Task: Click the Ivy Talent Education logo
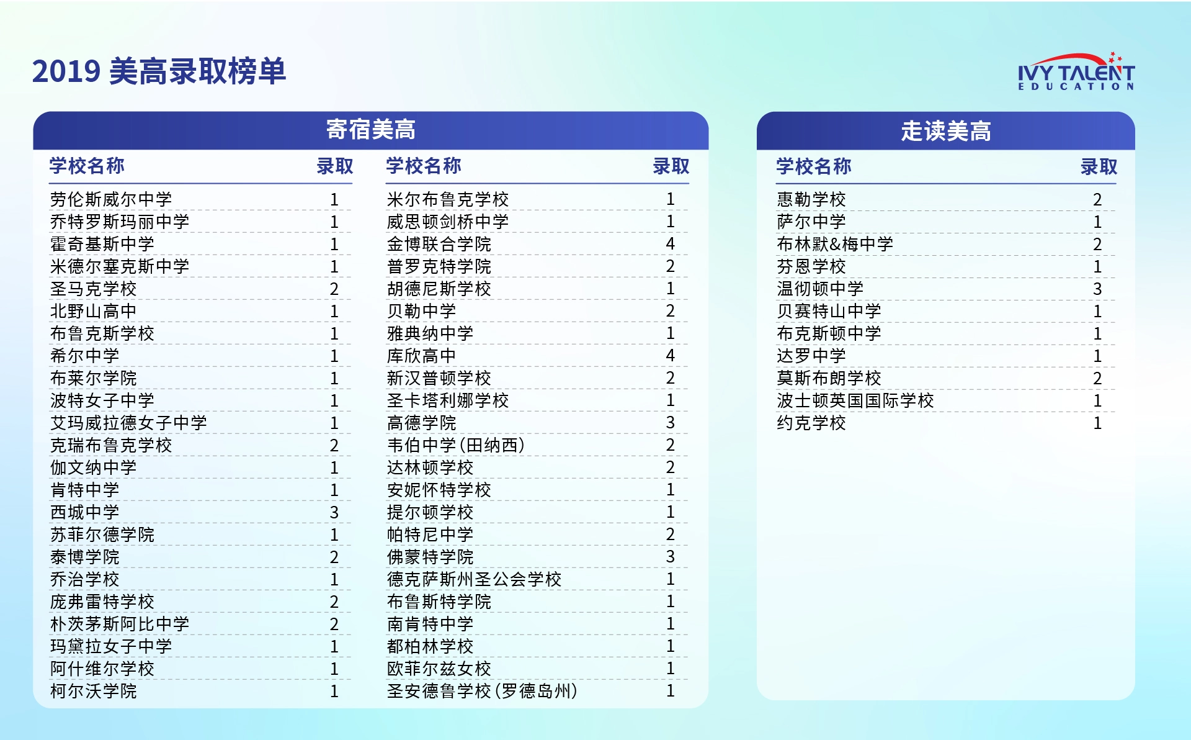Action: tap(1076, 71)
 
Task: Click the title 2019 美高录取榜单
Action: tap(159, 71)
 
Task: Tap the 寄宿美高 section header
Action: tap(371, 130)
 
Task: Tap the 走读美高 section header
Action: tap(946, 131)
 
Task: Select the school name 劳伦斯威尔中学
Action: tap(111, 199)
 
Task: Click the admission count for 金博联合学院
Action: tap(670, 244)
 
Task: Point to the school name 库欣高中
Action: tap(421, 356)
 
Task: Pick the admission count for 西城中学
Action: tap(334, 512)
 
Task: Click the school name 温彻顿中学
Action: tap(820, 289)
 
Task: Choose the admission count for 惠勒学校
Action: tap(1097, 199)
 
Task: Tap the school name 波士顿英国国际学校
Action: tap(855, 400)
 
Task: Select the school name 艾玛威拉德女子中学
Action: tap(128, 423)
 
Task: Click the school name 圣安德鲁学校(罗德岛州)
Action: tap(482, 691)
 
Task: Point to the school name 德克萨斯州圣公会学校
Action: tap(474, 579)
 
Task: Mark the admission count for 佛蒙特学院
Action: tap(670, 557)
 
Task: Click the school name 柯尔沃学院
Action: tap(93, 691)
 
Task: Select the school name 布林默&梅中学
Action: tap(835, 244)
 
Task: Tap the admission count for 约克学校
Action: tap(1097, 423)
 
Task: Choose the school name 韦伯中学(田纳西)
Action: tap(456, 445)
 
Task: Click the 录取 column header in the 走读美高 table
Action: tap(1099, 166)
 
